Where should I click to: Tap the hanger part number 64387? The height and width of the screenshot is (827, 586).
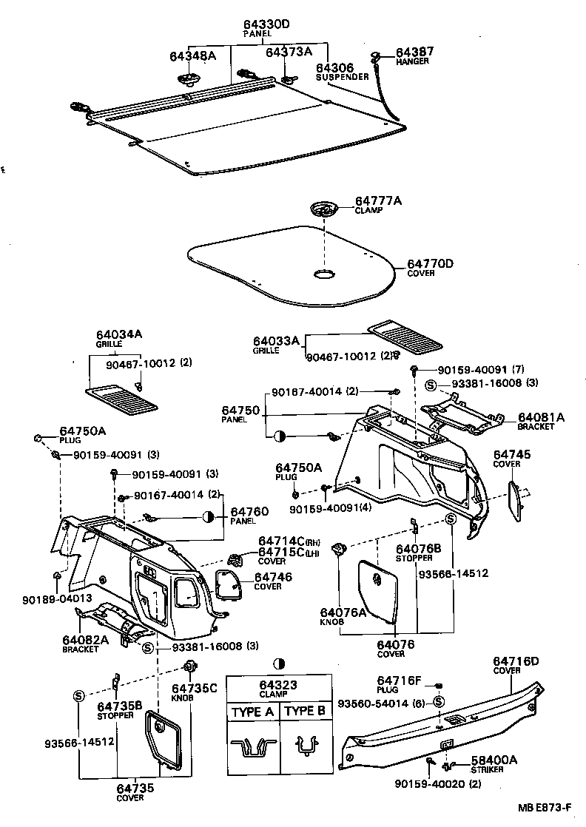(415, 53)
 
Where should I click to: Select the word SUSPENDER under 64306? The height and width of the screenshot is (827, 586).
(342, 76)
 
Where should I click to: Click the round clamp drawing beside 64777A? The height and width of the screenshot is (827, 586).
(323, 209)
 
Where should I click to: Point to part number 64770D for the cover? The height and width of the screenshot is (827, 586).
(430, 263)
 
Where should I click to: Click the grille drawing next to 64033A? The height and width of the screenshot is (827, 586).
(405, 334)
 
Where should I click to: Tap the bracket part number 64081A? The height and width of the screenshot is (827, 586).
(541, 417)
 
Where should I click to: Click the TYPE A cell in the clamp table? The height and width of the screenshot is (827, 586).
(252, 712)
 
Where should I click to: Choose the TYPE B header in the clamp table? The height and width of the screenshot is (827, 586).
(305, 712)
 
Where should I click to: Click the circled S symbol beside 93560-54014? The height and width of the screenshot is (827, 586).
(439, 702)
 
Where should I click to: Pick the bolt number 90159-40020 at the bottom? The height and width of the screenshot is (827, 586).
(428, 783)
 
